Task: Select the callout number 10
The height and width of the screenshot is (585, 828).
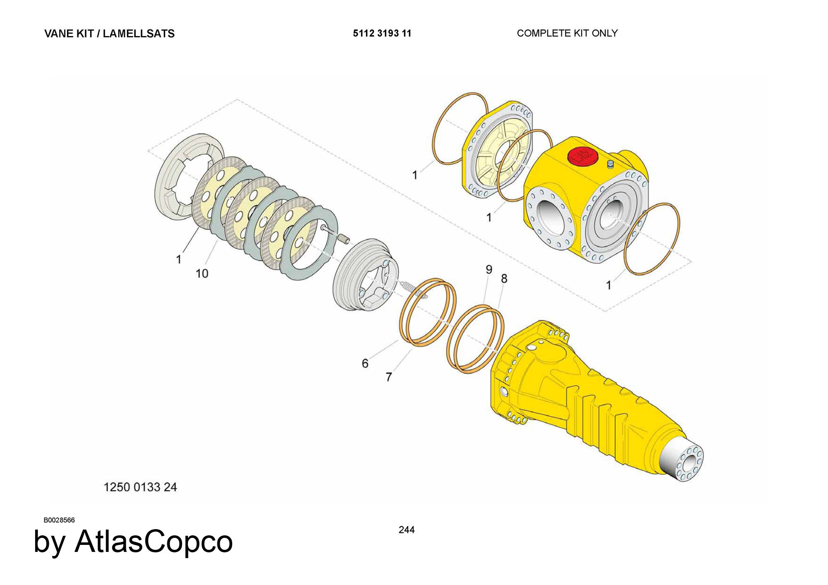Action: point(202,273)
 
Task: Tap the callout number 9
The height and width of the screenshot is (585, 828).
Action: point(489,270)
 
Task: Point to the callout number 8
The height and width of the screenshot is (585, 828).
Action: point(504,278)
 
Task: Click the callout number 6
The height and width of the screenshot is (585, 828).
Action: point(365,363)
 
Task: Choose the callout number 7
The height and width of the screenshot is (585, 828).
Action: point(388,377)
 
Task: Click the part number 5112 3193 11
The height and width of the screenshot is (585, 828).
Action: point(382,33)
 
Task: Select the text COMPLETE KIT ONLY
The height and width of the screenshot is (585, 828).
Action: point(567,33)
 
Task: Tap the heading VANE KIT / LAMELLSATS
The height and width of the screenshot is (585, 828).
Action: point(109,34)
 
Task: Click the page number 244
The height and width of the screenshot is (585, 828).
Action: point(406,530)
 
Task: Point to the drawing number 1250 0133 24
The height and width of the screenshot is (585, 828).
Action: point(140,487)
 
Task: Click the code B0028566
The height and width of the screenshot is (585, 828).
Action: point(59,520)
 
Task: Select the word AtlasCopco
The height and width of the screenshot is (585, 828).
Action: point(154,542)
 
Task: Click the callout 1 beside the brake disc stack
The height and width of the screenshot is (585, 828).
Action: point(178,259)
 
